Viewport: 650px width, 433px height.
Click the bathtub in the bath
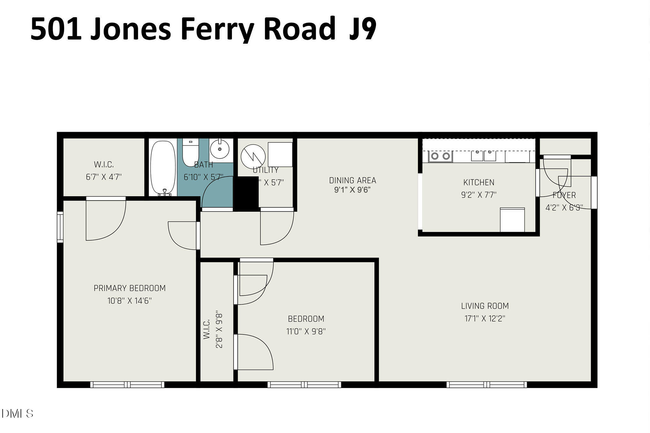163,167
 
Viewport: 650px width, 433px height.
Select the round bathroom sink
220,149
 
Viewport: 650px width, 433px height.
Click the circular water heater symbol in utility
253,156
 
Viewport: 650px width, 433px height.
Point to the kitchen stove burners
440,156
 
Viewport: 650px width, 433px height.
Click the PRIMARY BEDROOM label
129,288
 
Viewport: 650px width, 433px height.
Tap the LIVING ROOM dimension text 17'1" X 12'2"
485,319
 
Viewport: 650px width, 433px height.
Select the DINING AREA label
352,180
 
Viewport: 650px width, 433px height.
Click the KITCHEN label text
479,183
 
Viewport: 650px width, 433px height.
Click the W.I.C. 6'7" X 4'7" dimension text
104,177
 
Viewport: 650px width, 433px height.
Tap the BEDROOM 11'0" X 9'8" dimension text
306,331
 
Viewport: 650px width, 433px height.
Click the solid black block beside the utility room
246,194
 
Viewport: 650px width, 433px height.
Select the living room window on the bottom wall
486,384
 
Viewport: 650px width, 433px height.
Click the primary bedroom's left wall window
60,227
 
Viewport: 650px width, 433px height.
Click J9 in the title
363,29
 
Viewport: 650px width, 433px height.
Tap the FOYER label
564,195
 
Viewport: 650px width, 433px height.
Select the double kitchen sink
484,156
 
